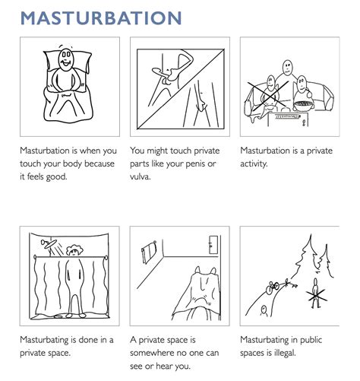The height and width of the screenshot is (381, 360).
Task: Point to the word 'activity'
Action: click(x=257, y=164)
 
